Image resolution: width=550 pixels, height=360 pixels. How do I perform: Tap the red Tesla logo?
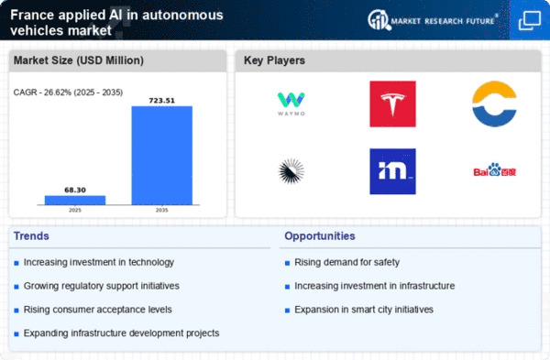[x=392, y=104]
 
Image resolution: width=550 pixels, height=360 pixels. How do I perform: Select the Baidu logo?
[x=495, y=170]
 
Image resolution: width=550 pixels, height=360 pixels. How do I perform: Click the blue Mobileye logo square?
[x=392, y=171]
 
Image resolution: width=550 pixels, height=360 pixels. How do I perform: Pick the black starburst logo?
[x=292, y=170]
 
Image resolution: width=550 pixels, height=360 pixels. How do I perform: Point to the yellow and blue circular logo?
[x=495, y=104]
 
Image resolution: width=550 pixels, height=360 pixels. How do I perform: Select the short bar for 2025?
[x=75, y=199]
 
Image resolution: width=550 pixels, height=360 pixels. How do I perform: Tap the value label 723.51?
[x=161, y=99]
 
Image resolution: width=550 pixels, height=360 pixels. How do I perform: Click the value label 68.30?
[x=75, y=189]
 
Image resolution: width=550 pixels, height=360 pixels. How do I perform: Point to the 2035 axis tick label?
[x=161, y=210]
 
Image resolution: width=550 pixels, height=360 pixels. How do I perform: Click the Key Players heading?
[x=274, y=61]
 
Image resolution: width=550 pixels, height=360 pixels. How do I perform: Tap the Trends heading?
[x=33, y=236]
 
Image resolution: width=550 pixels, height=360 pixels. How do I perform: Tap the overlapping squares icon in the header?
[x=529, y=20]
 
